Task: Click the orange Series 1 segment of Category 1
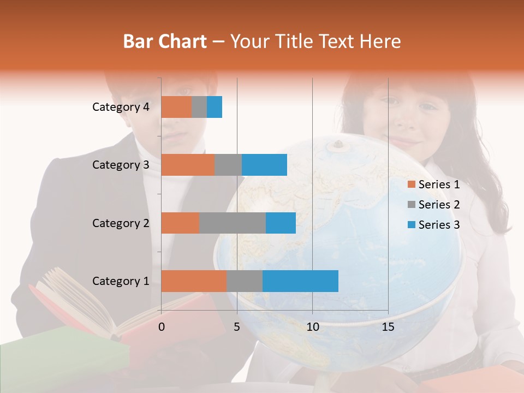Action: coord(194,281)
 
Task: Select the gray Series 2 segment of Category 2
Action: coord(233,223)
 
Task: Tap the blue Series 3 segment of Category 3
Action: coord(264,165)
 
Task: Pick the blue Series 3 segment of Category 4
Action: coord(215,107)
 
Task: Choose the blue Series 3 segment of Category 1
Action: coord(300,281)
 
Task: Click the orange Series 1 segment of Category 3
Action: coord(188,165)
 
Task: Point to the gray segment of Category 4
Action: coord(199,107)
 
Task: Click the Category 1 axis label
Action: coord(121,281)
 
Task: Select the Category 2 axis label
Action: coord(121,223)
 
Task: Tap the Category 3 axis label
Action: coord(121,165)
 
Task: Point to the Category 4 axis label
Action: coord(121,107)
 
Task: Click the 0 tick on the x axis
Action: coord(162,327)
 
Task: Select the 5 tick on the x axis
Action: coord(237,327)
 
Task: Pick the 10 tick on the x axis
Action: coord(312,327)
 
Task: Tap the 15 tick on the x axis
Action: coord(388,327)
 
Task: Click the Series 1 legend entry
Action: coord(434,184)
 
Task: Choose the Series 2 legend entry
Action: coord(434,205)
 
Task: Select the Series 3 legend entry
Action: coord(434,225)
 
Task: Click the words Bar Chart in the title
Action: coord(165,41)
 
